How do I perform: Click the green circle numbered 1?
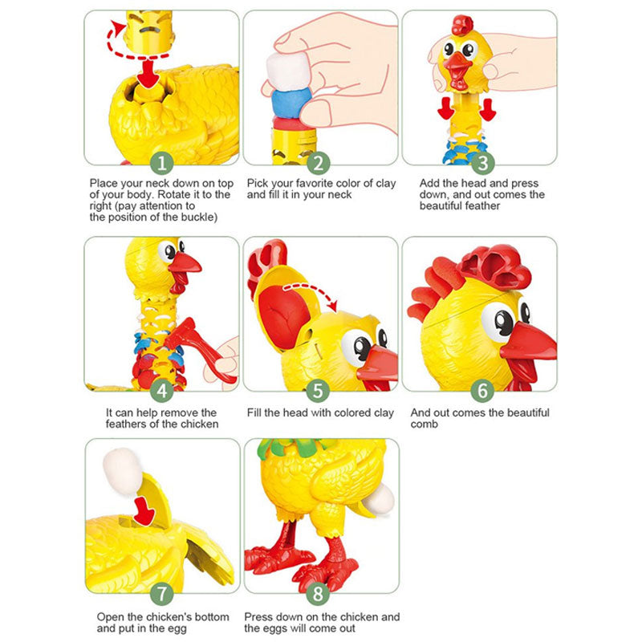pos(162,163)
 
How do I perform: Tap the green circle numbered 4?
pos(162,390)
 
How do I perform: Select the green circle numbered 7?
pos(162,593)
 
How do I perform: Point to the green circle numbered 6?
pos(482,390)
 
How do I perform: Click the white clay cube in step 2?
pos(287,70)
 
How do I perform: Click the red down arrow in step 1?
pos(148,73)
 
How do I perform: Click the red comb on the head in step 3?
pos(462,26)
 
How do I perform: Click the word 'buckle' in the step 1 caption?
pos(198,217)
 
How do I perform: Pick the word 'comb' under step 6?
pos(425,425)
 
